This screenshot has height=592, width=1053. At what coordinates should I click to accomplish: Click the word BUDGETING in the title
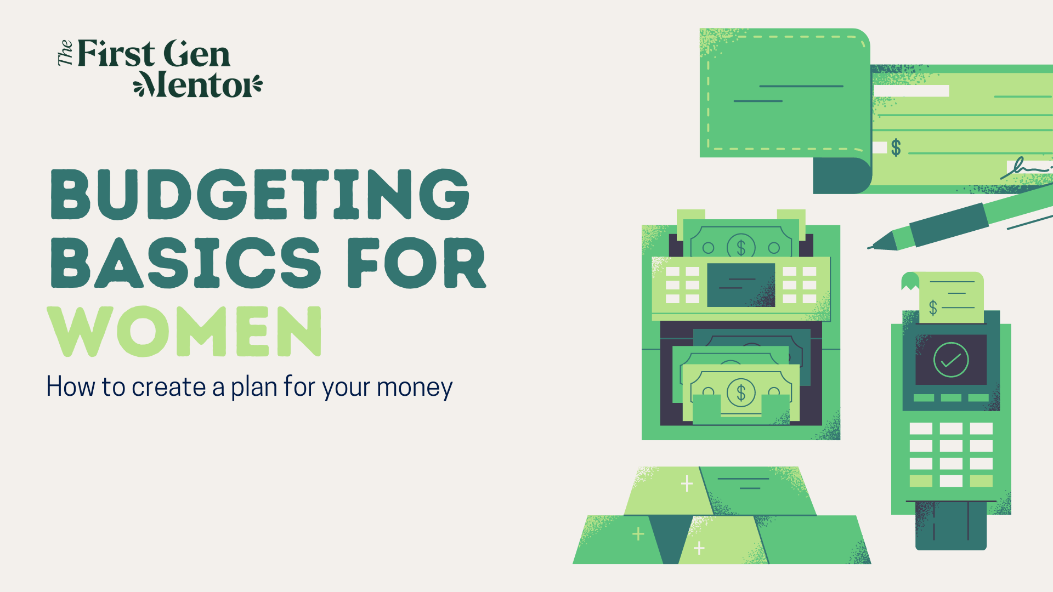(x=260, y=194)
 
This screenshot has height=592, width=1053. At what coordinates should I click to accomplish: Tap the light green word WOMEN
(x=185, y=331)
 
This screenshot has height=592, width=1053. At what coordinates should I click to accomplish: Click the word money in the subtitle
(x=415, y=388)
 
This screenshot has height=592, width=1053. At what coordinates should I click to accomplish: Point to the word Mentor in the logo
(x=198, y=84)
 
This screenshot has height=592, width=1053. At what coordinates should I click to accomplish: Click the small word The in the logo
(x=65, y=53)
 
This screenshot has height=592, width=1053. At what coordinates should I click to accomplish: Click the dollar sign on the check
(x=896, y=147)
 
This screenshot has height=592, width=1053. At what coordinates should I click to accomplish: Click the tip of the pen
(x=869, y=248)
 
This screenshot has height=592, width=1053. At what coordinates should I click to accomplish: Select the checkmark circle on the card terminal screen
(x=951, y=360)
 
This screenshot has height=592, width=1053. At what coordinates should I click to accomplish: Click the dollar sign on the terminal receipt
(x=933, y=308)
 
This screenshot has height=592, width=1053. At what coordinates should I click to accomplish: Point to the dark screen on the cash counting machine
(x=741, y=285)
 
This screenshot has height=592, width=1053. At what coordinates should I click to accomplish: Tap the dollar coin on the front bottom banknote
(x=741, y=392)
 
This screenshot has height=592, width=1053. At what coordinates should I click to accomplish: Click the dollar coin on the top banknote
(x=741, y=248)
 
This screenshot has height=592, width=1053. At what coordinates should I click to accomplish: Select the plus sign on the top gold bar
(x=687, y=483)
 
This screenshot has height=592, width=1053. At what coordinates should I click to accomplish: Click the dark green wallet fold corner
(x=842, y=175)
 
